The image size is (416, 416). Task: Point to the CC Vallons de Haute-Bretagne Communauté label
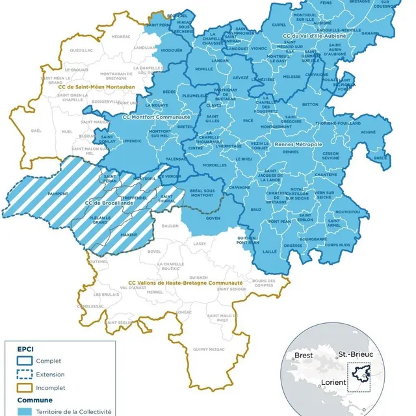(x=185, y=283)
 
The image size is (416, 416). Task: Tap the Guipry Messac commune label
(x=207, y=349)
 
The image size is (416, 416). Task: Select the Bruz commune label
(x=255, y=209)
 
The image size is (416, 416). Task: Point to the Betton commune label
(x=310, y=104)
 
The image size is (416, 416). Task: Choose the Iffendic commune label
(x=131, y=139)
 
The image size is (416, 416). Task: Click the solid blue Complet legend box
(x=23, y=361)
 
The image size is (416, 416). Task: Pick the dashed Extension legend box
(x=23, y=374)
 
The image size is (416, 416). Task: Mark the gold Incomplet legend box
(x=23, y=388)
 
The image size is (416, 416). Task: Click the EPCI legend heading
(x=25, y=348)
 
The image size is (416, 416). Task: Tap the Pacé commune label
(x=248, y=120)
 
